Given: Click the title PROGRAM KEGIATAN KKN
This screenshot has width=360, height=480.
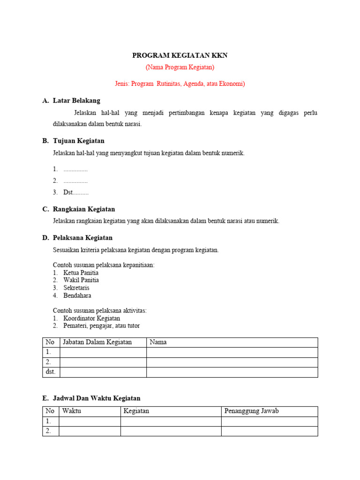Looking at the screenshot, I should [180, 55].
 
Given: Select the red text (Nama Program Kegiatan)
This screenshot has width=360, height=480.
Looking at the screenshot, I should [180, 67].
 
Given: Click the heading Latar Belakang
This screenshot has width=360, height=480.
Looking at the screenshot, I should [76, 100].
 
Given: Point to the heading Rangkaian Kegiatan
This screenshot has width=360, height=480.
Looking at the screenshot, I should [84, 209].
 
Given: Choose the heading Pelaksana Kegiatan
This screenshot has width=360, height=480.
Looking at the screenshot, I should [82, 238].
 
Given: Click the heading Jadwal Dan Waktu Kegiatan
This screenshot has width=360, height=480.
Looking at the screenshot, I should [97, 398].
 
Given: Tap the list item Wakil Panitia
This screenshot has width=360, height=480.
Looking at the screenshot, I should [81, 280].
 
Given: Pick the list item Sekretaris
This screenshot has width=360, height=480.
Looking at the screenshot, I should [76, 288].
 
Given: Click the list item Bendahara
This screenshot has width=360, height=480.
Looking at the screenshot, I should [77, 296].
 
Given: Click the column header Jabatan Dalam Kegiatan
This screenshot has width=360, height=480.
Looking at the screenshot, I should [97, 342].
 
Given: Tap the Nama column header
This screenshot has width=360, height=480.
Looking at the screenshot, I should [158, 342].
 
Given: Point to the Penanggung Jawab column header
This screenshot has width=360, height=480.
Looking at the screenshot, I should [251, 411].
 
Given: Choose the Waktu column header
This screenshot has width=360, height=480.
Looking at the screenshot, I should [71, 411].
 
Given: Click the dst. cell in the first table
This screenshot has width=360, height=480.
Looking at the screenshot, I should [51, 372].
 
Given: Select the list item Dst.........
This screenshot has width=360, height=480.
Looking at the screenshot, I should [75, 192].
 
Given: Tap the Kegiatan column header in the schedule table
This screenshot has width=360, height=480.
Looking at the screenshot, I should [136, 411].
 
